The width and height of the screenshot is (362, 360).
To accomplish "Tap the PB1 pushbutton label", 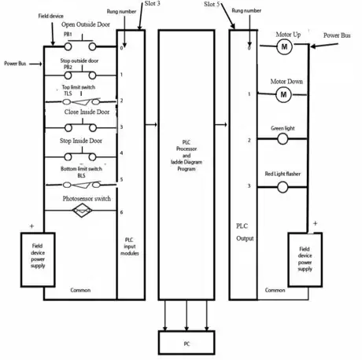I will (x=68, y=34).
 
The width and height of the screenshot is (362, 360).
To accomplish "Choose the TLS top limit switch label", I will (x=68, y=94).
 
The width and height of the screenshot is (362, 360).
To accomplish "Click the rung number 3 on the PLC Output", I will (x=249, y=186).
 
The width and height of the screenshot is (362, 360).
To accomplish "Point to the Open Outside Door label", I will (x=88, y=25).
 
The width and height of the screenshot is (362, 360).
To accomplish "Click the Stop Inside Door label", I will (x=86, y=141).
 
